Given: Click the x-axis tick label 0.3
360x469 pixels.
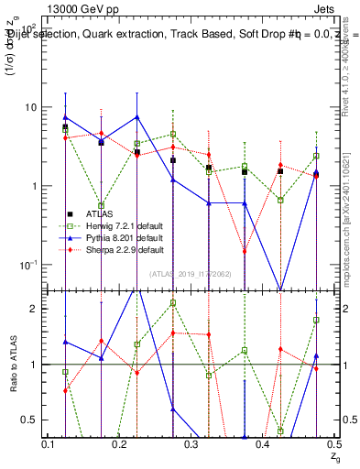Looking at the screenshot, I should click(191, 443).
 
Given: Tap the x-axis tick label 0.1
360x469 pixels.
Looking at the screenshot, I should click(48, 443).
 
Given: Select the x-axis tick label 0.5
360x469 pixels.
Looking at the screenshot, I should click(333, 443).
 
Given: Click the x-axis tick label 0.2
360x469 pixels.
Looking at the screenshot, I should click(119, 443).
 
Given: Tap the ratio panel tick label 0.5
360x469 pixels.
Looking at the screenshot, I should click(30, 420).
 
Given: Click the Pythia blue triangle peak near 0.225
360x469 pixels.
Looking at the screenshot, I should click(136, 117).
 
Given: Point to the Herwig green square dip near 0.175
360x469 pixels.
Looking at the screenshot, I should click(101, 206).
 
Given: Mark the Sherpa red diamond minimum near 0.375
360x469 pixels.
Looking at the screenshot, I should click(245, 251).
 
